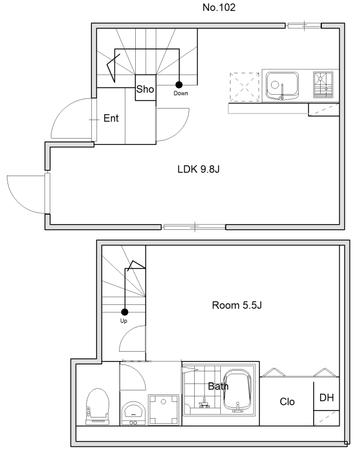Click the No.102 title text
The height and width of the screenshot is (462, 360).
pos(219,8)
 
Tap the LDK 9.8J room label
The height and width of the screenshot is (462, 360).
pos(198,169)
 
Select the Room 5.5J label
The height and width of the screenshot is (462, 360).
pos(237,305)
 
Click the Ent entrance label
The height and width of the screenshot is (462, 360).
pos(111,118)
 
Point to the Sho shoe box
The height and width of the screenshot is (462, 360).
pos(146,88)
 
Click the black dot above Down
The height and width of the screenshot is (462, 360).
pos(179,85)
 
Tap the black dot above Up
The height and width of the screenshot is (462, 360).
pos(125,312)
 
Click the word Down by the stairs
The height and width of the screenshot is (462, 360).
pos(181,94)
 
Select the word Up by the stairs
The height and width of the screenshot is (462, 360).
pos(124,321)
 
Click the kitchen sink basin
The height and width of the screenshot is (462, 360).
pos(282,85)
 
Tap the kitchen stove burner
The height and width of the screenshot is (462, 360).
pos(323,85)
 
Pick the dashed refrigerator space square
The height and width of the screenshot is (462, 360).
pos(244,88)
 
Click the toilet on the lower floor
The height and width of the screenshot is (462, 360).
pos(98,407)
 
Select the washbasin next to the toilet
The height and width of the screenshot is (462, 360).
pos(133,413)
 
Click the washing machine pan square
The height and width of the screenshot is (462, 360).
pos(164,410)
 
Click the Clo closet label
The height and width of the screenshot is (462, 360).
pos(287,401)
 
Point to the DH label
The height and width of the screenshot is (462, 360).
pos(326,398)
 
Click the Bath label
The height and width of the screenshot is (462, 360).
pos(218,386)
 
